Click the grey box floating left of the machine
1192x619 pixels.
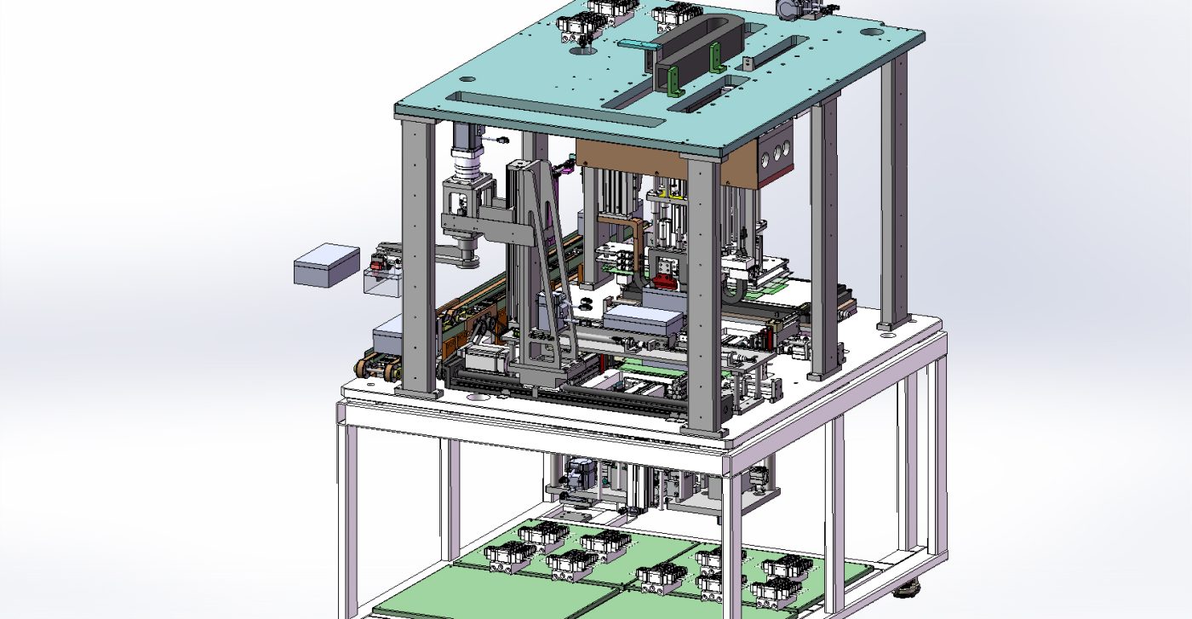(326, 265)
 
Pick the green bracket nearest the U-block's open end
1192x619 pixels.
(673, 83)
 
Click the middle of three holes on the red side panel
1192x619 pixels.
(776, 157)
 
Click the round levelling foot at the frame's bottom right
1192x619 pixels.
(912, 587)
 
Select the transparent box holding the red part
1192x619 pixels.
(381, 282)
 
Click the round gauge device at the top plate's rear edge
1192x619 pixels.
(790, 8)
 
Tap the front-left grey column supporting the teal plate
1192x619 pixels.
(418, 255)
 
